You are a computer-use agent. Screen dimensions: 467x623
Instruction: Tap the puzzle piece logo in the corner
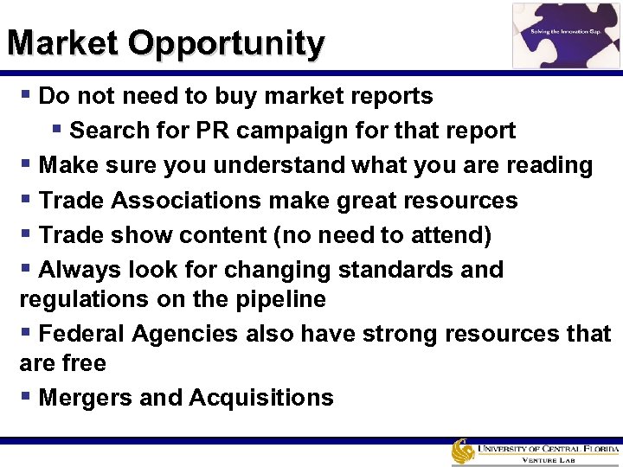click(566, 35)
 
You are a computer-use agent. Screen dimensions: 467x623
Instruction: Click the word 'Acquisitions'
click(260, 398)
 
